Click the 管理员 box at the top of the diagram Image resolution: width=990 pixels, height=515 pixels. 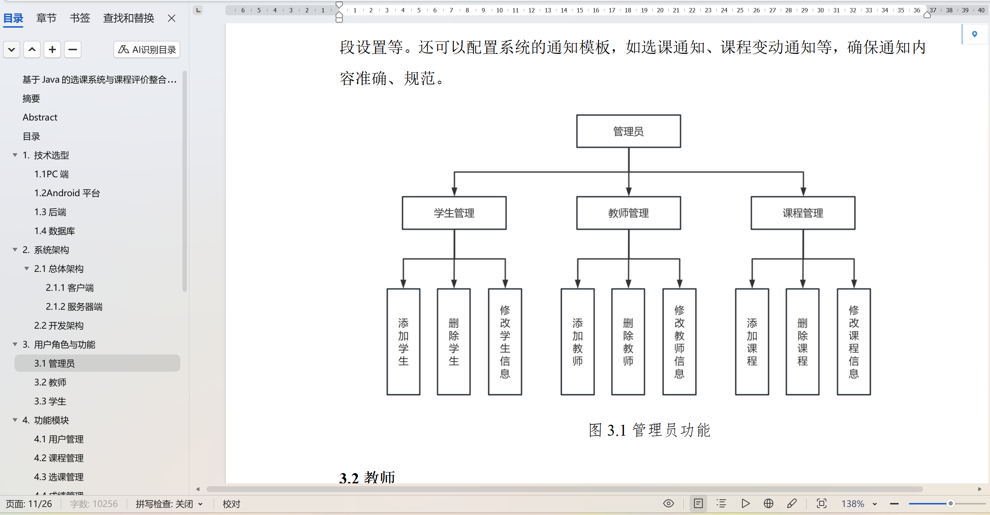click(628, 131)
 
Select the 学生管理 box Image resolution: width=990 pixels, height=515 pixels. click(454, 213)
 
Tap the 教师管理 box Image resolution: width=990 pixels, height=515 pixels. click(628, 213)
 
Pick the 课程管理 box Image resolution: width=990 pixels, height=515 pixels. click(803, 213)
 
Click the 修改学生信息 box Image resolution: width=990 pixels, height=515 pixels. click(505, 341)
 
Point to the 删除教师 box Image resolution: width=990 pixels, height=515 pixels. click(628, 341)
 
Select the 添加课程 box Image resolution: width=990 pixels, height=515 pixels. click(752, 341)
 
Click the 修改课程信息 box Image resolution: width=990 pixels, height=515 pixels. click(854, 341)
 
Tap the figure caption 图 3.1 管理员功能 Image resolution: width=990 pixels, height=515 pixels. click(649, 430)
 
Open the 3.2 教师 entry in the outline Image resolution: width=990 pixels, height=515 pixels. click(50, 382)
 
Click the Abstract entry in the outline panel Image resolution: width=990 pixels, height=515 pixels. click(40, 117)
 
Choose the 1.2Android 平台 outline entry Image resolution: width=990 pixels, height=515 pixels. click(67, 193)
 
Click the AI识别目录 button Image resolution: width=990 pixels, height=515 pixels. click(147, 49)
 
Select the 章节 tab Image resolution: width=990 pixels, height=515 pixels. click(46, 18)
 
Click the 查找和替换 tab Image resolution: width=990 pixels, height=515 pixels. click(128, 18)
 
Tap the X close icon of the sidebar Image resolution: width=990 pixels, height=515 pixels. click(171, 18)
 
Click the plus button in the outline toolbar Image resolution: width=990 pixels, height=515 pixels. click(52, 49)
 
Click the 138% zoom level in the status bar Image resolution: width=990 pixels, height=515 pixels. click(853, 504)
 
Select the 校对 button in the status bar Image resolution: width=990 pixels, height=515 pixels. click(231, 504)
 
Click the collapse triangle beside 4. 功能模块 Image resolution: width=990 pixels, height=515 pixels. click(15, 420)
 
